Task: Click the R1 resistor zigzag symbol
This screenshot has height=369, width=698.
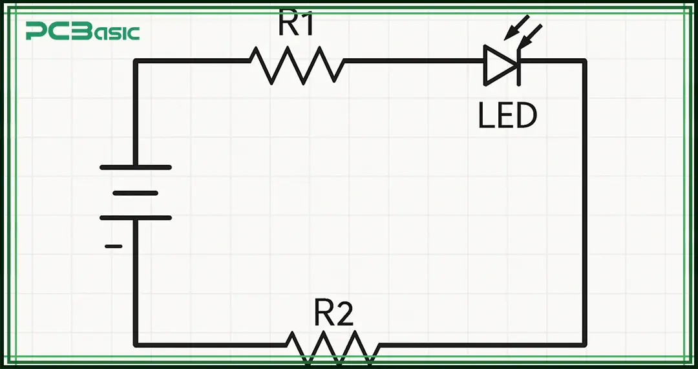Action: coord(297,63)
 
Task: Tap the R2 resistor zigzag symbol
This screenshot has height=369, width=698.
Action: coord(333,348)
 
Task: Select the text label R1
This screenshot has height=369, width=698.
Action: coord(297,24)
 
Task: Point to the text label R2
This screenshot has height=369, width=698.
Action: coord(333,313)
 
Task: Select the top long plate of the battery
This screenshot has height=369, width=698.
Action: coord(136,167)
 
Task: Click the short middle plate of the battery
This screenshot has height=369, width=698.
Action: coord(136,193)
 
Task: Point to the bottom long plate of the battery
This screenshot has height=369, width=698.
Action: coord(136,218)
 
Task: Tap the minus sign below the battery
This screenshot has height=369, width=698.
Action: coord(113,246)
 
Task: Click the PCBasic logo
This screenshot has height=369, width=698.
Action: coord(82,31)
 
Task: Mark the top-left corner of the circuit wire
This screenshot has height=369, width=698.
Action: coord(136,61)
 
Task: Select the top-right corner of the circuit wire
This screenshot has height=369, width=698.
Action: coord(584,61)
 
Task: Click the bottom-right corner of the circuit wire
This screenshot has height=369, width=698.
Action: coord(584,344)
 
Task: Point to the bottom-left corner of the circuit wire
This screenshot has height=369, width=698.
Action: coord(136,344)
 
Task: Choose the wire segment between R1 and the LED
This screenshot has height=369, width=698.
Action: coord(414,61)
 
